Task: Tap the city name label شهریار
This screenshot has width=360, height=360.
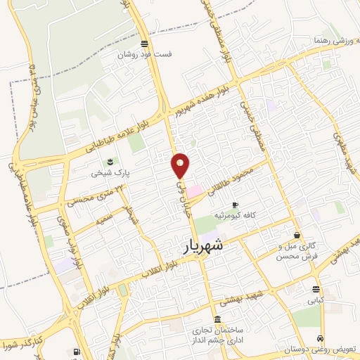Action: pyautogui.click(x=204, y=245)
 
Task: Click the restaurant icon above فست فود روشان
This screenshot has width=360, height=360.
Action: pyautogui.click(x=144, y=43)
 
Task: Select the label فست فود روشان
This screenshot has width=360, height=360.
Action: pyautogui.click(x=144, y=54)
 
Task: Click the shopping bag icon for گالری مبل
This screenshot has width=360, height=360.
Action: pyautogui.click(x=298, y=235)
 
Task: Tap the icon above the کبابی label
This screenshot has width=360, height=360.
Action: pyautogui.click(x=315, y=289)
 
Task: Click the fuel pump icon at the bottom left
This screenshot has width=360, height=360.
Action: pyautogui.click(x=77, y=351)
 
